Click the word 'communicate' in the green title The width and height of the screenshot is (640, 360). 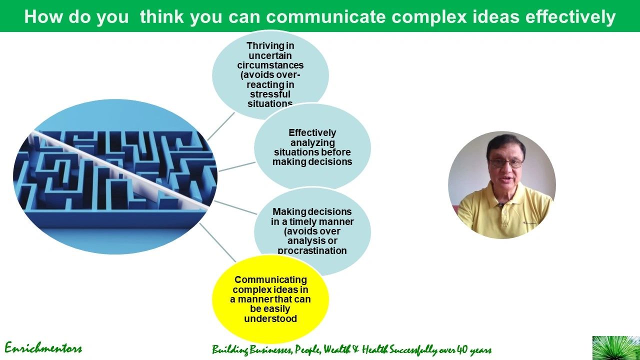[326, 17]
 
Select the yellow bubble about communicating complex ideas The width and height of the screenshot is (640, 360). [270, 299]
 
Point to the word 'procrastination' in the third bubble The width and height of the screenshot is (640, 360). [312, 250]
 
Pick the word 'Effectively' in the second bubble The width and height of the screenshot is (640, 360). [312, 133]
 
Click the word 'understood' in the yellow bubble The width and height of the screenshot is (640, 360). [270, 319]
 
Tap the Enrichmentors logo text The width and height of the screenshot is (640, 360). [43, 348]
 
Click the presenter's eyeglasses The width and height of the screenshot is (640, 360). [506, 163]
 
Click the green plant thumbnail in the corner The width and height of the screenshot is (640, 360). [615, 347]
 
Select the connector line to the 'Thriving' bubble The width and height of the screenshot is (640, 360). [220, 126]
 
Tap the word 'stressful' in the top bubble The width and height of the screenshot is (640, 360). [270, 94]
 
